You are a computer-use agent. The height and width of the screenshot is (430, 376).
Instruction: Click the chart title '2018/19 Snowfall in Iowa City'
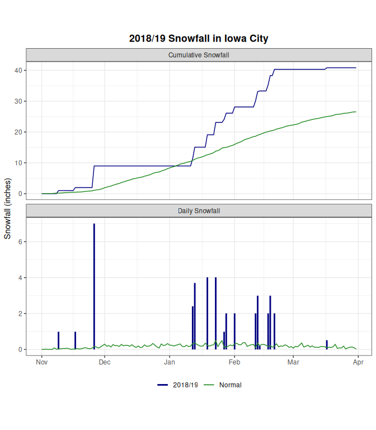[199, 39]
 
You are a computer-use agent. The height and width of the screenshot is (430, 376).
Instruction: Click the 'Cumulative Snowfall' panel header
[199, 55]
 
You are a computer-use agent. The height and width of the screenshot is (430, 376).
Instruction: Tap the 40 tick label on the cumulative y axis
[18, 71]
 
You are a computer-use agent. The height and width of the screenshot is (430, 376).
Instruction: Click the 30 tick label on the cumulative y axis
[18, 101]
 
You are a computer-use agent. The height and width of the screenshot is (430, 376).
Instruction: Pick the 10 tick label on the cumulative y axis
[18, 163]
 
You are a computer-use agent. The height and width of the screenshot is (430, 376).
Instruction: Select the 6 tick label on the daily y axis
[20, 242]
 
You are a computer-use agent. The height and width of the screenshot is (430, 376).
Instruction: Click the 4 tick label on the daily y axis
[20, 278]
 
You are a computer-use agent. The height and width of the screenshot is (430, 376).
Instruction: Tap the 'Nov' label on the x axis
[41, 362]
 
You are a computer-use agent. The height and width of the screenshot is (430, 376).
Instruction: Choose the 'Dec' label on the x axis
[105, 362]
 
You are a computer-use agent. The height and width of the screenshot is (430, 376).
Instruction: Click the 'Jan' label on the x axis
[170, 362]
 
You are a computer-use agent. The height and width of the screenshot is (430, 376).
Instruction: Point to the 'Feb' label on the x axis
[234, 362]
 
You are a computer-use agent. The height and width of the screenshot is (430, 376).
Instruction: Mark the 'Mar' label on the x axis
[293, 362]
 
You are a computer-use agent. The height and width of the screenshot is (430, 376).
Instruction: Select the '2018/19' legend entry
[178, 385]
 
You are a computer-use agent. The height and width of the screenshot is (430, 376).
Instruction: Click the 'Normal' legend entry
[224, 385]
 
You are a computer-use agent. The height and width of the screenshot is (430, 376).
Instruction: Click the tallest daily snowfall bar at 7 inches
[94, 286]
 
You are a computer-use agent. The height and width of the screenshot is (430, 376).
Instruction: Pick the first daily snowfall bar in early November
[58, 340]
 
